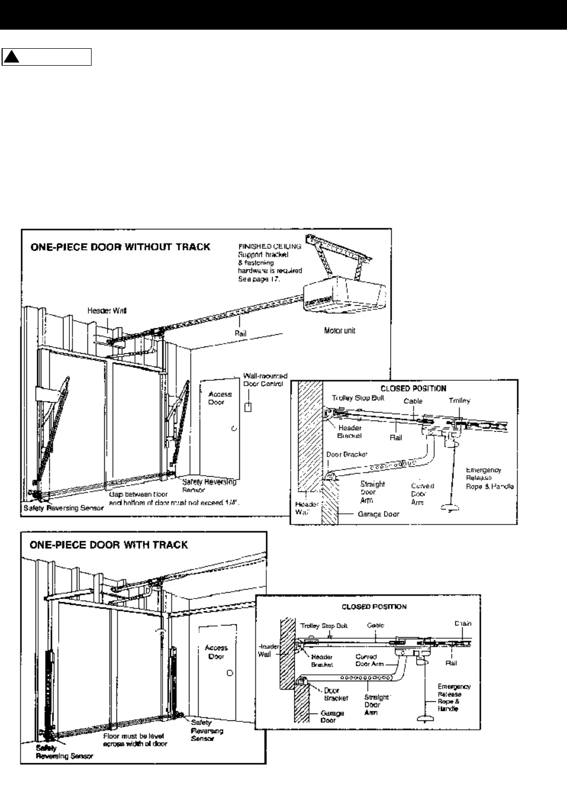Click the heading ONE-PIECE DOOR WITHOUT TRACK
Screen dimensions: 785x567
coord(119,246)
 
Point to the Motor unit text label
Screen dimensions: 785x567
coord(339,330)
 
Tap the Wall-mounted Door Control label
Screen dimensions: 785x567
coord(263,379)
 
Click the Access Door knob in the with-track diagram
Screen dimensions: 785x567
coord(229,673)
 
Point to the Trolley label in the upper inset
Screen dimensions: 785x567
coord(458,401)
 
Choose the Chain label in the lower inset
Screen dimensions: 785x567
coord(463,623)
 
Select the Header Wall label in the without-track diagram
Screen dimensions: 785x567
coord(103,311)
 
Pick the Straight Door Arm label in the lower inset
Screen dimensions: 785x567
coord(376,705)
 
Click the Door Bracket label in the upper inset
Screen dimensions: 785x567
coord(346,454)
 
